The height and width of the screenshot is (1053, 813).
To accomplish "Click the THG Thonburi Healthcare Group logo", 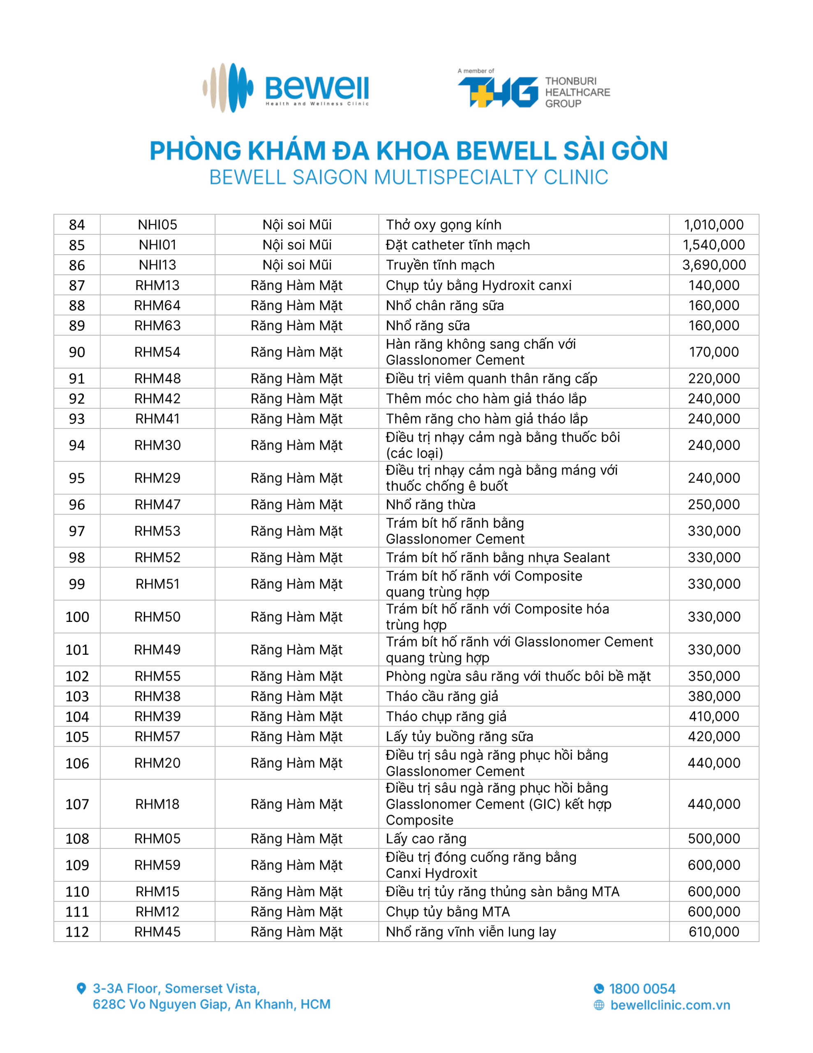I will click(533, 90).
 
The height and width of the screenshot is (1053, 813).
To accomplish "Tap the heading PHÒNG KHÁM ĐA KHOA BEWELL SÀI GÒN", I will click(408, 151).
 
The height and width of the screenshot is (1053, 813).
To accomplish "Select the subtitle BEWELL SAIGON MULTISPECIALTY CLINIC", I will click(408, 177).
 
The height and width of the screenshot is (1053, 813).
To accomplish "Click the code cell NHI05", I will click(157, 225).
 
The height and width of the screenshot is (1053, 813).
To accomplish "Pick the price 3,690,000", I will click(713, 265).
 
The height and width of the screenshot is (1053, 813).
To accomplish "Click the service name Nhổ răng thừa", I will click(430, 504).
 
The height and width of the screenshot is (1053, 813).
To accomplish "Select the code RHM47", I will click(157, 504).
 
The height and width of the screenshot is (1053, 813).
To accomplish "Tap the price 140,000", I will click(713, 285).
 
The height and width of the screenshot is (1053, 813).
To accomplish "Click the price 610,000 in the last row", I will click(713, 932).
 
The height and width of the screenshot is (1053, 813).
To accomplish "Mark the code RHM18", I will click(157, 804).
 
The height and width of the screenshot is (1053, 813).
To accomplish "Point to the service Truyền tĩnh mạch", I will click(440, 265).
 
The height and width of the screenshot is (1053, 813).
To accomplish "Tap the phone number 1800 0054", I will click(642, 989).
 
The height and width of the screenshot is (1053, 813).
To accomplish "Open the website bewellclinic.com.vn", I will click(670, 1005).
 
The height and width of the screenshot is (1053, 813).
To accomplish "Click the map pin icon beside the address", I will click(81, 988).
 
